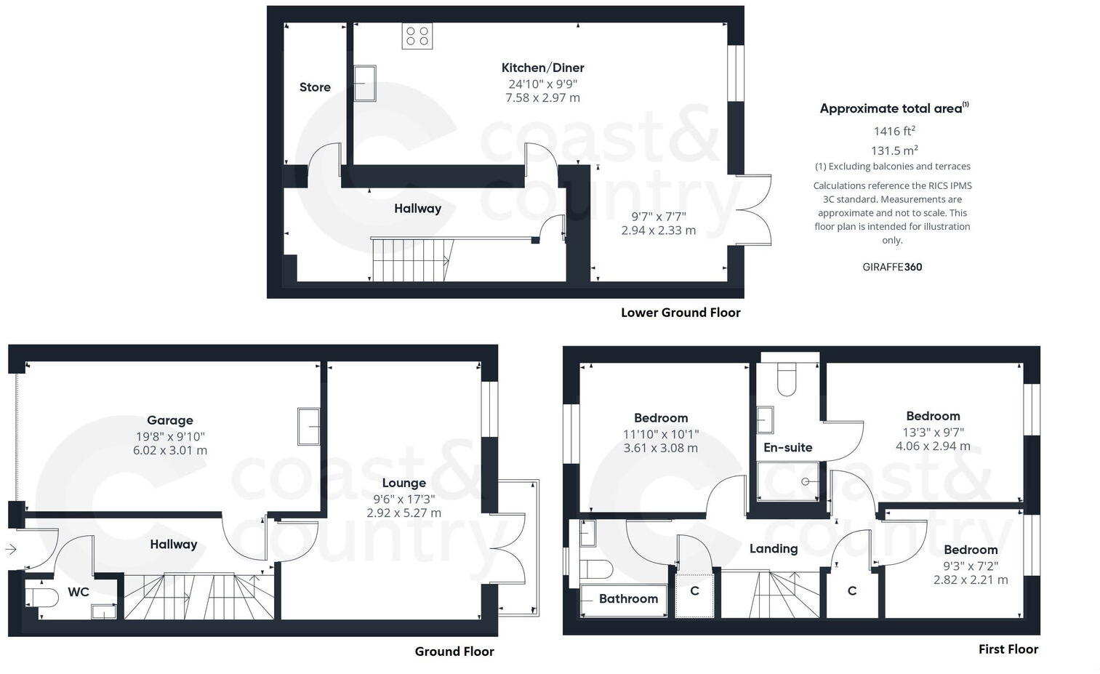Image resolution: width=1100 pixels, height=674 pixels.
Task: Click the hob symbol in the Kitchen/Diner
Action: [417, 36]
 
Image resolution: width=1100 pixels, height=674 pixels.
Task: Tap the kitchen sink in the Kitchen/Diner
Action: [365, 83]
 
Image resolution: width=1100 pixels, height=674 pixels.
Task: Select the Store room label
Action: [315, 87]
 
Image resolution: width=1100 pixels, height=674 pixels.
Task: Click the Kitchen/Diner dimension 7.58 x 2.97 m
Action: [542, 98]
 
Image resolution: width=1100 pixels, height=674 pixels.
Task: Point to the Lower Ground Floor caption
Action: [680, 313]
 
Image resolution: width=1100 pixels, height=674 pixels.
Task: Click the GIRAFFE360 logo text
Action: [892, 267]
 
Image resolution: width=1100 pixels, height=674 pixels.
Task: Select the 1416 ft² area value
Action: [894, 132]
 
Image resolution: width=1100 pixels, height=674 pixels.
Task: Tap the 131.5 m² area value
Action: [894, 151]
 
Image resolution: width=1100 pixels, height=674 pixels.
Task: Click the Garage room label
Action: [169, 420]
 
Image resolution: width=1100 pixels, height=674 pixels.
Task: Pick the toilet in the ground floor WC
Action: [42, 598]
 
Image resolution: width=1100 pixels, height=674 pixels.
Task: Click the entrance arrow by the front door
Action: [10, 550]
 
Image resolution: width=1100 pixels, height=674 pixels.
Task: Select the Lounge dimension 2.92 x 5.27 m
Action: [404, 513]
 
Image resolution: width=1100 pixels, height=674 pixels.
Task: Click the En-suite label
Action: [787, 448]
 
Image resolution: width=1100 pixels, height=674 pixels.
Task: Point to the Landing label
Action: [773, 549]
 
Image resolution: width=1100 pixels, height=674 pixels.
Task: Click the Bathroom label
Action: [628, 599]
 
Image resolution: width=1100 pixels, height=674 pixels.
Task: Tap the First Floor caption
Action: [1008, 649]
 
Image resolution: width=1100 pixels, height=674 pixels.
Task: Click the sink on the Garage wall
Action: [308, 426]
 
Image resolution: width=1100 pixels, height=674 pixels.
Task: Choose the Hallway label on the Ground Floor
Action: [173, 545]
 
